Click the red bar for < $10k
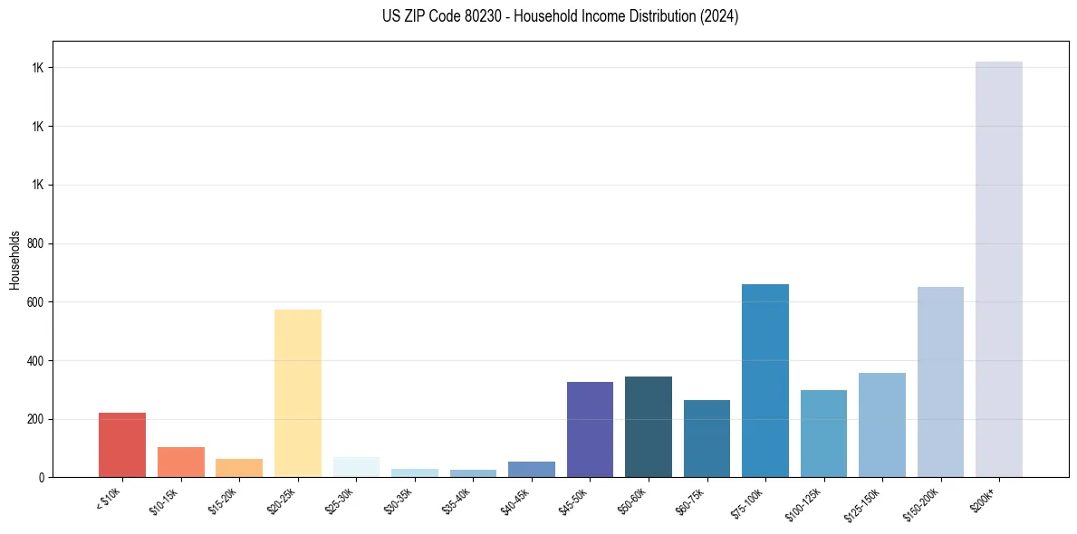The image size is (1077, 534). (122, 445)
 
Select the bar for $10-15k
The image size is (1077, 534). (180, 462)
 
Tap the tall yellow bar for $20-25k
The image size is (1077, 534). (298, 394)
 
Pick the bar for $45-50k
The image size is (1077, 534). (590, 430)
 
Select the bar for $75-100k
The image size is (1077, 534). (765, 381)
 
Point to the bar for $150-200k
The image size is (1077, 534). (940, 382)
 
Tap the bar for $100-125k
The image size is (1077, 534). (823, 434)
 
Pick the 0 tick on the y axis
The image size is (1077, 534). (42, 478)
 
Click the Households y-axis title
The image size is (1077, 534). (14, 260)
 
